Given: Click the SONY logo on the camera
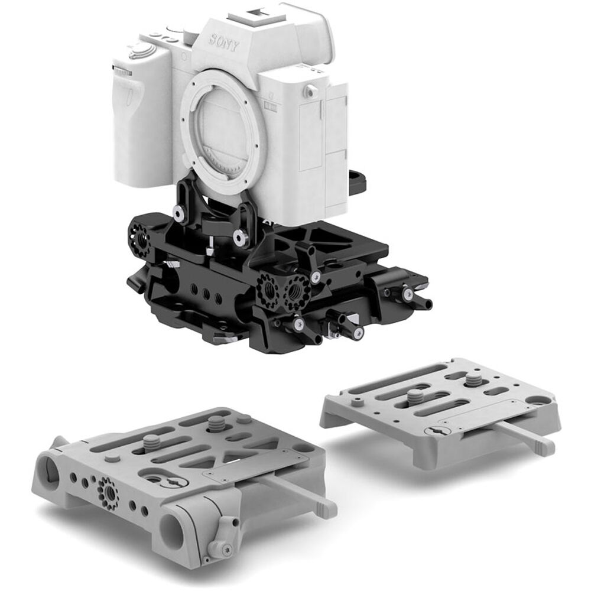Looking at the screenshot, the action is tap(224, 43).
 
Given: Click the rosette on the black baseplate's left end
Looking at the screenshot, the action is tap(140, 238).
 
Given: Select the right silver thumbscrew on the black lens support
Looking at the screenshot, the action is tap(239, 238).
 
